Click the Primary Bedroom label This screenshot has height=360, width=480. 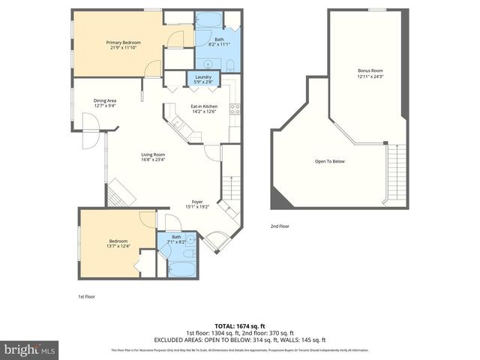coord(119,45)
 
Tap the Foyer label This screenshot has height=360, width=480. coord(197,203)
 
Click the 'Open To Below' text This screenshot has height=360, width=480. coord(329,161)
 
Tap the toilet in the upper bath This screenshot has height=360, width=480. coord(230,63)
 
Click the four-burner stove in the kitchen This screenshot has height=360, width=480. coord(234,108)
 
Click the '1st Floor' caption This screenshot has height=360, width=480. coord(86,296)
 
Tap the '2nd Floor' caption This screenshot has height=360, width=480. coord(280,226)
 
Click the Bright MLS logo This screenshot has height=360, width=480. coord(29,349)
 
